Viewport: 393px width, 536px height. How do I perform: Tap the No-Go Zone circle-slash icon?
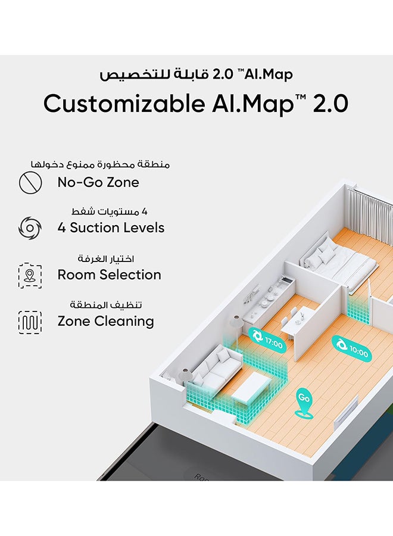point(30,182)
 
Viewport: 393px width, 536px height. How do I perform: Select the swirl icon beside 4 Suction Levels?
point(30,228)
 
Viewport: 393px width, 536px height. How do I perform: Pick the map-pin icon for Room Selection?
point(30,275)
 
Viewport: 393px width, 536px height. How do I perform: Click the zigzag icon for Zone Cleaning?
point(30,322)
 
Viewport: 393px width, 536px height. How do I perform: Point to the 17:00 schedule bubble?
point(267,339)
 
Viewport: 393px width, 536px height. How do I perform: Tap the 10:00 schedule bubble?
point(351,347)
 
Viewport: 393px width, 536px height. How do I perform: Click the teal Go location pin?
point(304,403)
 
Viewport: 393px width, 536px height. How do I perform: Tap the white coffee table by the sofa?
point(252,388)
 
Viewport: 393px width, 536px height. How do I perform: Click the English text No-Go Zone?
point(98,182)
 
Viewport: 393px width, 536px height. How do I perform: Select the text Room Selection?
point(110,275)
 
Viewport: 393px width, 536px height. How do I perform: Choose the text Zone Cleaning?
point(106,322)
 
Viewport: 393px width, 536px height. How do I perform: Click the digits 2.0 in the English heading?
point(330,104)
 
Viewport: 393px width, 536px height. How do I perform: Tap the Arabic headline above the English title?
point(196,74)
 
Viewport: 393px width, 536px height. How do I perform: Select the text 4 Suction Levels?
point(111,228)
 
